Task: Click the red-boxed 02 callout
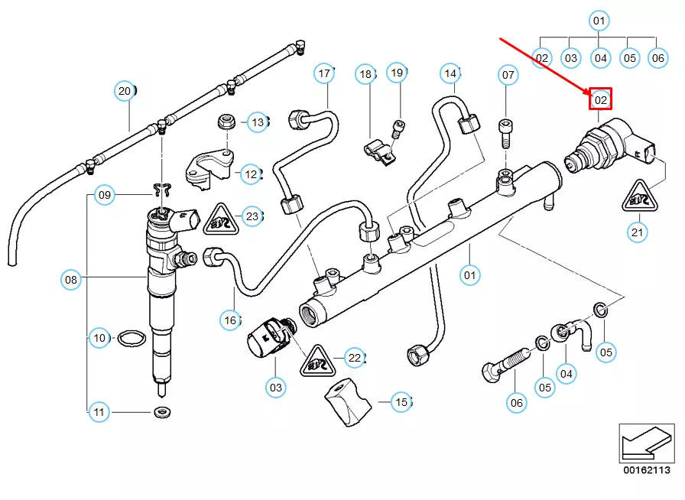pyautogui.click(x=601, y=99)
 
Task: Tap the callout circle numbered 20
pyautogui.click(x=124, y=92)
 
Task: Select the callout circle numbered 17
pyautogui.click(x=325, y=73)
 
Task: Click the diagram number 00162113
pyautogui.click(x=646, y=470)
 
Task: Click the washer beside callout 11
pyautogui.click(x=161, y=413)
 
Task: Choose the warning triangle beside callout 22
pyautogui.click(x=317, y=359)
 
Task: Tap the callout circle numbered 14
pyautogui.click(x=450, y=73)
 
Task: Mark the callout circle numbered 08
pyautogui.click(x=70, y=280)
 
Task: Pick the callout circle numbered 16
pyautogui.click(x=230, y=320)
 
